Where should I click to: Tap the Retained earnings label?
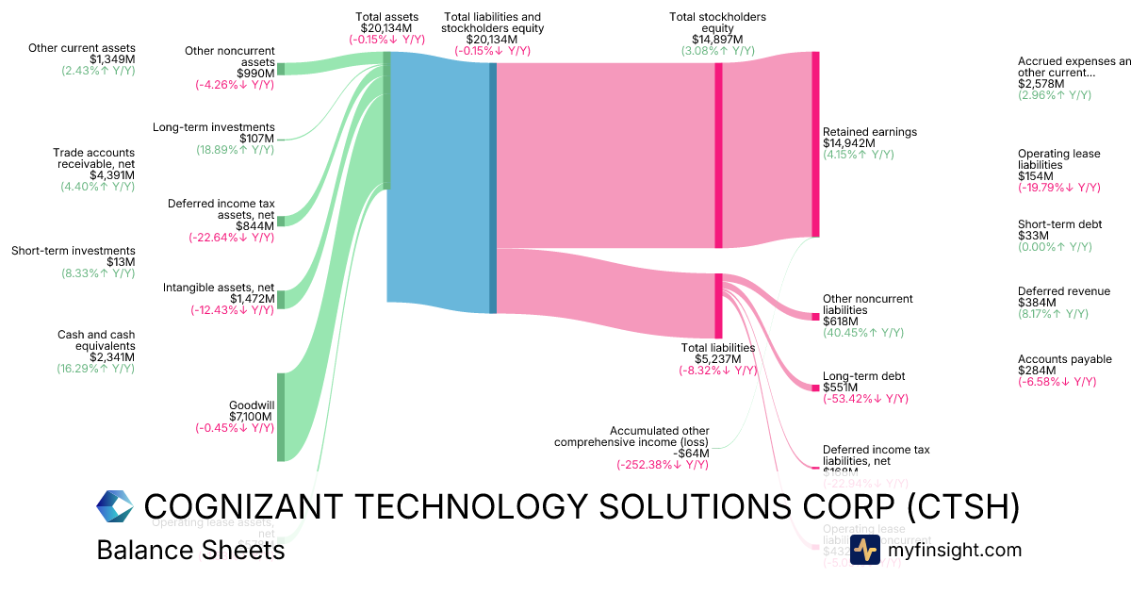(x=869, y=132)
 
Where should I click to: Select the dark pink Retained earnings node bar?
(x=815, y=144)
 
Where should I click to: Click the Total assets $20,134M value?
(x=386, y=28)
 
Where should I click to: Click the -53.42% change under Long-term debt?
(x=865, y=399)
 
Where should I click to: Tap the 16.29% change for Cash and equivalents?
(x=96, y=369)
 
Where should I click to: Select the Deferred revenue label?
(x=1064, y=291)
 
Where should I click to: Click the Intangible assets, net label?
(x=219, y=288)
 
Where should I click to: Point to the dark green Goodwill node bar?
(x=280, y=417)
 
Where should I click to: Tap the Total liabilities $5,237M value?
(x=718, y=359)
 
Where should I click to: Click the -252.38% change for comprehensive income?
(x=663, y=464)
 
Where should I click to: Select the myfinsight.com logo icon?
(x=864, y=550)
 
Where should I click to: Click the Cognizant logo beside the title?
(x=115, y=506)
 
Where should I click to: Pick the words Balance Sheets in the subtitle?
(x=190, y=550)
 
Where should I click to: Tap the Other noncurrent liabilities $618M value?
(x=844, y=322)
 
